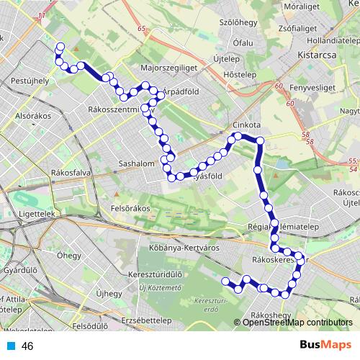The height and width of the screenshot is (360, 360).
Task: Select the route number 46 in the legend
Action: click(28, 346)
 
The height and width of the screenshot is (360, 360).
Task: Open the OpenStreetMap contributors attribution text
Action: click(297, 323)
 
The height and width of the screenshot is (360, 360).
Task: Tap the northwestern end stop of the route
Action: click(59, 48)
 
